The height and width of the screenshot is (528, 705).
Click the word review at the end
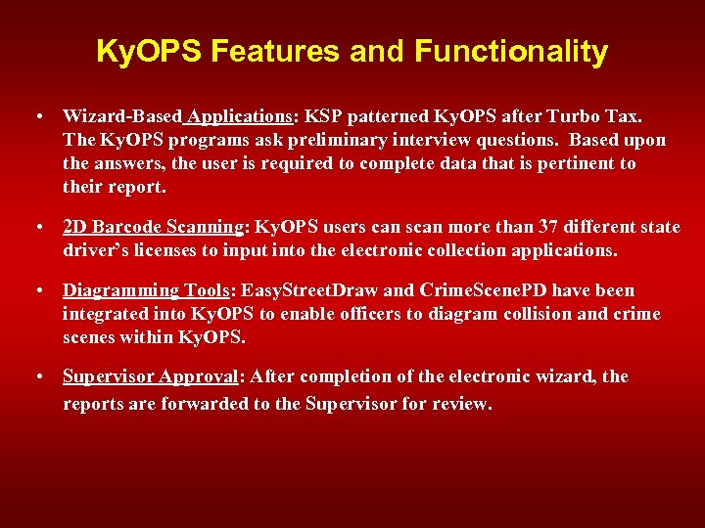[x=458, y=402]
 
